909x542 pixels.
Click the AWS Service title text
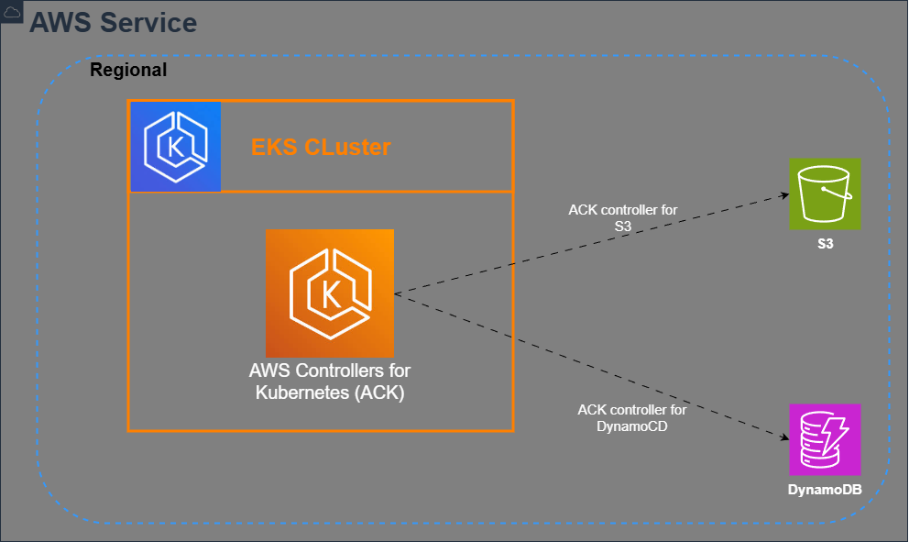pos(113,22)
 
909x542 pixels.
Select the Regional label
pos(128,71)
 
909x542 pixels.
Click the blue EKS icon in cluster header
pos(176,147)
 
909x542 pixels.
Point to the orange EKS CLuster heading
pos(321,147)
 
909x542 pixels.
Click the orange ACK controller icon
pos(330,293)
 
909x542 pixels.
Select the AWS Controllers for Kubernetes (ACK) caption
pos(330,382)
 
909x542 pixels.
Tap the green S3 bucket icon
pos(826,194)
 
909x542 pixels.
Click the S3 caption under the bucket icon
pos(826,246)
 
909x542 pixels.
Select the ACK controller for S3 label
pos(623,217)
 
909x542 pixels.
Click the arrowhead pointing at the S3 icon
pos(784,194)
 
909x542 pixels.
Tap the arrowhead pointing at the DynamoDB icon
pos(784,437)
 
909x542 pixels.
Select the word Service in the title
pos(150,22)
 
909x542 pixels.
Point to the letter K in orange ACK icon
pos(331,294)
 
